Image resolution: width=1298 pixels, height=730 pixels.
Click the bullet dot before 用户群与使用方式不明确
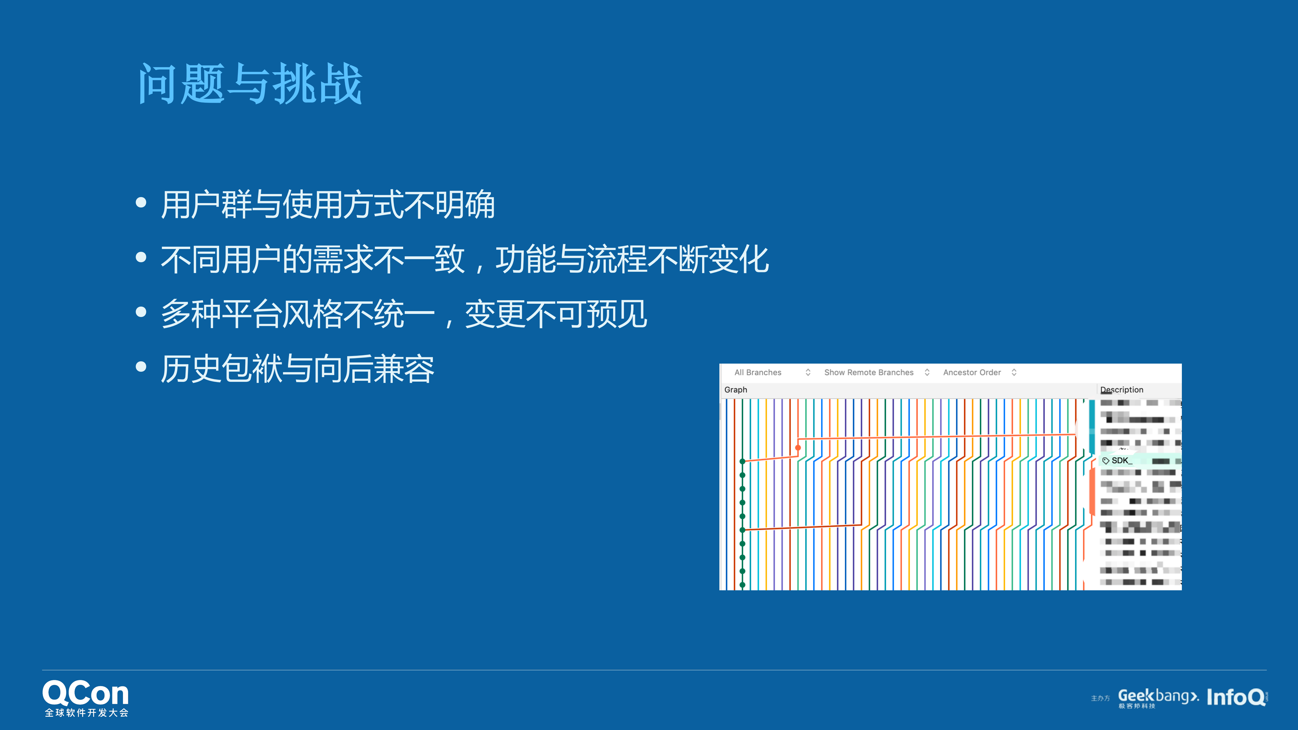coord(141,203)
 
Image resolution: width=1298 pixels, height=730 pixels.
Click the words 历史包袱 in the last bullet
coord(221,369)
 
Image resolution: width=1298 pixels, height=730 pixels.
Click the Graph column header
coord(736,389)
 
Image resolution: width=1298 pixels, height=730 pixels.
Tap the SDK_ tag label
coord(1121,460)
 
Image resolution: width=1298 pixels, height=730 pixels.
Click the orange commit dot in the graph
coord(798,447)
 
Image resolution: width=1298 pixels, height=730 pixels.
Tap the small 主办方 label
coord(1100,698)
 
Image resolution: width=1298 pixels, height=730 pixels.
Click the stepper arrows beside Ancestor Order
coord(1014,372)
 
